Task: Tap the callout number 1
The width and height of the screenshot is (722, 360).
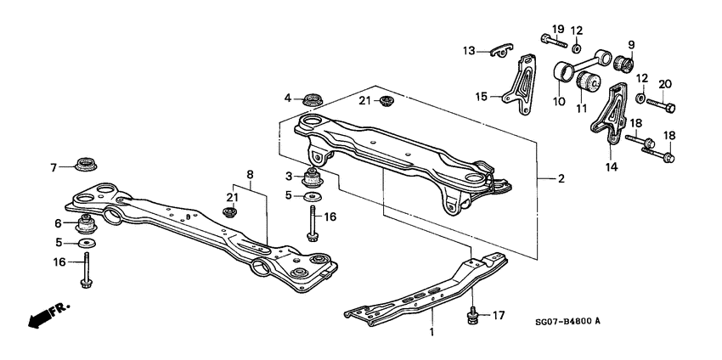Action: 432,333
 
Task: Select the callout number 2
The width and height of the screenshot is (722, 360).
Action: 561,179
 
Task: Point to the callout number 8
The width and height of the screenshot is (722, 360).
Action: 250,175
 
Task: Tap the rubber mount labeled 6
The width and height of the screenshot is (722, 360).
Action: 86,225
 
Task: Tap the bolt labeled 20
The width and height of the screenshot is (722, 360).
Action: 663,107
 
